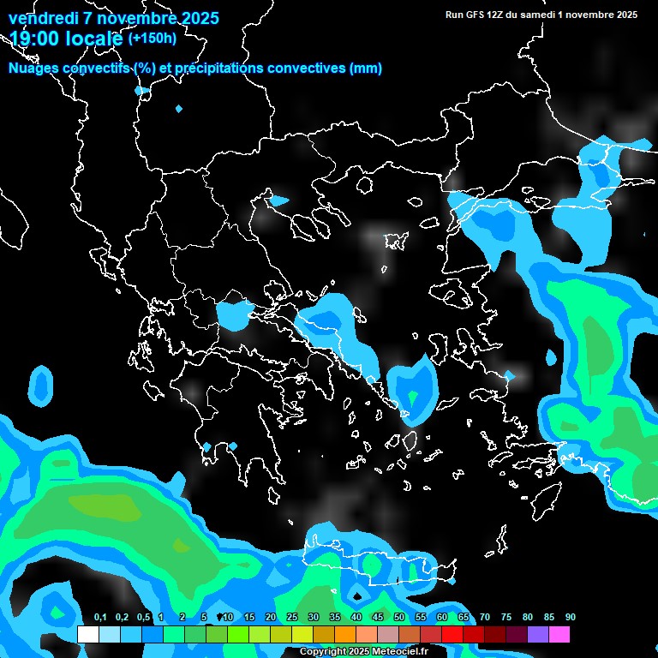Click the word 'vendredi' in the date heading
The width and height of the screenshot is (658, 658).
pyautogui.click(x=42, y=18)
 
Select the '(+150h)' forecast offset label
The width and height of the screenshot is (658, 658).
pyautogui.click(x=153, y=38)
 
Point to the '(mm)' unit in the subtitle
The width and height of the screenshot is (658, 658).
pyautogui.click(x=366, y=69)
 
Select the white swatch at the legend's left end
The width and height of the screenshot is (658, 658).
pyautogui.click(x=88, y=635)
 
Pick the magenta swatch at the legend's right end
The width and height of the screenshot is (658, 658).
pyautogui.click(x=559, y=635)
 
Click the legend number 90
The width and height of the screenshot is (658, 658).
pyautogui.click(x=571, y=617)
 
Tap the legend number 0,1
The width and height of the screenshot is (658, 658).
pyautogui.click(x=100, y=617)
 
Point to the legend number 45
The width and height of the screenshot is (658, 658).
pyautogui.click(x=378, y=617)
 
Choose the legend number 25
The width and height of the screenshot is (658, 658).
pyautogui.click(x=292, y=617)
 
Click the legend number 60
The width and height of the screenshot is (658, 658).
pyautogui.click(x=442, y=617)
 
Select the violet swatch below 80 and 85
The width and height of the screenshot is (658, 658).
pyautogui.click(x=538, y=635)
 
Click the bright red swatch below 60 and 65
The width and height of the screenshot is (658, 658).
pyautogui.click(x=452, y=635)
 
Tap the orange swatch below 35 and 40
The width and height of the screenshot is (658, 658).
pyautogui.click(x=345, y=635)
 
